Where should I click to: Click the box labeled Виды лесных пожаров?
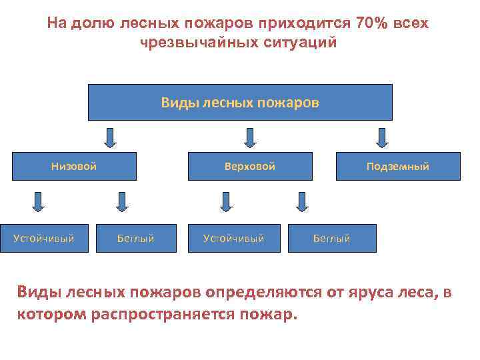pos(240,103)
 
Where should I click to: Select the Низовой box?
pos(75,167)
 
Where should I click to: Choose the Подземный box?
pos(397,167)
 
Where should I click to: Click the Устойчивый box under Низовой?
pos(44,238)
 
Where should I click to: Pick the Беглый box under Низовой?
pos(137,238)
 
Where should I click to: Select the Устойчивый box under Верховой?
pos(234,238)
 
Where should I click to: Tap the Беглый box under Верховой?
pos(332,238)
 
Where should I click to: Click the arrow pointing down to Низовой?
pos(110,137)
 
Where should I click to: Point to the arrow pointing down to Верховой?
pos(249,137)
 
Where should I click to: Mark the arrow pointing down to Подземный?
pos(381,137)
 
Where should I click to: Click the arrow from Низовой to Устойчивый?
pos(39,201)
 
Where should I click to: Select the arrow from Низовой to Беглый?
pos(121,201)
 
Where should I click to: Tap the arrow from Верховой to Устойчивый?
pos(225,201)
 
